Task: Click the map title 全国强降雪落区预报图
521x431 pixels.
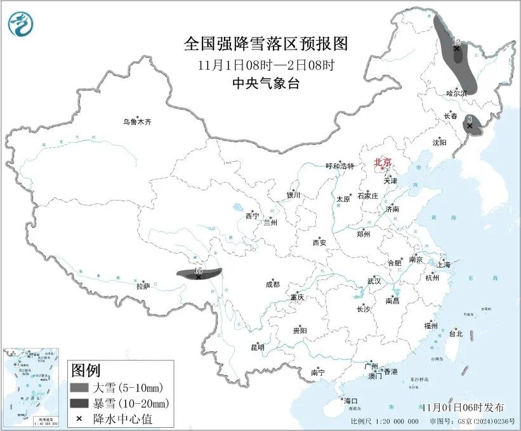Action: click(x=266, y=44)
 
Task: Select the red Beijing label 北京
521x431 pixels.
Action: click(x=383, y=162)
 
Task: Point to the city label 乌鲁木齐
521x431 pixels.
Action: click(x=138, y=122)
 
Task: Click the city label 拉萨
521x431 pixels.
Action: click(x=143, y=286)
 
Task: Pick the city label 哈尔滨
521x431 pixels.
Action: click(x=456, y=93)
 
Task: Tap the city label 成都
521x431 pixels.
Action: click(x=273, y=285)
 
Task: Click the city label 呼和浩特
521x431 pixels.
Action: click(x=338, y=166)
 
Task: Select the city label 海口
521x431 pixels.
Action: click(x=351, y=401)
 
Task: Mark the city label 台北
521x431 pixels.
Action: click(x=456, y=333)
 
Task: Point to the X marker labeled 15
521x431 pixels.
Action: click(x=199, y=277)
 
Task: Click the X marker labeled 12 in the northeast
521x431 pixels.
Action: click(x=456, y=48)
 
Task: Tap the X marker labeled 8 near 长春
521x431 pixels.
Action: click(x=470, y=126)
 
